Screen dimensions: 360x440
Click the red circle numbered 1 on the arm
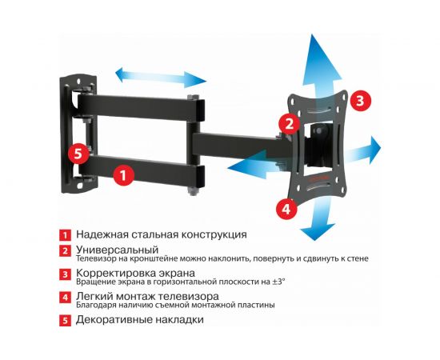(122, 173)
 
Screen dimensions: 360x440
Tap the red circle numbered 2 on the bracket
(287, 123)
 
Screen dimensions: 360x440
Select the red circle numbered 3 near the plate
(361, 101)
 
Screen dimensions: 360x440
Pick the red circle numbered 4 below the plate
(285, 209)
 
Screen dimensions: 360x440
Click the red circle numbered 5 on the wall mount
(78, 153)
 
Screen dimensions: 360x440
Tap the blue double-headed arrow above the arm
(160, 78)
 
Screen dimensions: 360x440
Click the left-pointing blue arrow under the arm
(238, 168)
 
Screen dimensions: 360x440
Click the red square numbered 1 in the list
(64, 235)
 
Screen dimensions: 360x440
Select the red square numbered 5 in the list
(64, 320)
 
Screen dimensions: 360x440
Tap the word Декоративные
(118, 319)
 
